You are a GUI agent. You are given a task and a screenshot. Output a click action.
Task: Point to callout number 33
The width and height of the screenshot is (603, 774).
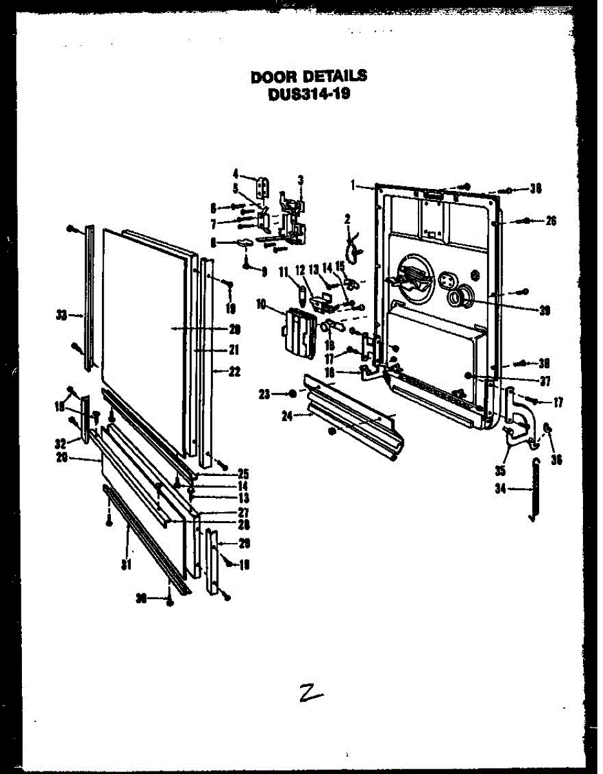click(x=61, y=315)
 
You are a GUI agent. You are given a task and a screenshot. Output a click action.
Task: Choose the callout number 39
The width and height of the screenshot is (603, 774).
click(x=546, y=310)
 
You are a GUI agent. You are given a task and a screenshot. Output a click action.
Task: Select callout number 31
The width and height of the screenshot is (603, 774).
click(x=127, y=565)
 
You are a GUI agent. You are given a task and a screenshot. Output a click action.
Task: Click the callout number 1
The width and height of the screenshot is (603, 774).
click(x=353, y=185)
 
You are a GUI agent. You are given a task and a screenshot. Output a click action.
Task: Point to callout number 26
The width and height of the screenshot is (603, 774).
click(x=550, y=221)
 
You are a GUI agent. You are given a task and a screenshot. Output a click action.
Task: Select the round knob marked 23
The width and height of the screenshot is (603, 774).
click(x=292, y=393)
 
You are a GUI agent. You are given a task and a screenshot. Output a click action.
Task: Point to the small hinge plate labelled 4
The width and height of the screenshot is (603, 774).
click(x=263, y=188)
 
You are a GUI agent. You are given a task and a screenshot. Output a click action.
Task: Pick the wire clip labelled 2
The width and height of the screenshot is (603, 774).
click(x=353, y=244)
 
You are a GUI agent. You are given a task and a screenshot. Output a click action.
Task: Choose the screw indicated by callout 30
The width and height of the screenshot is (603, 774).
click(x=170, y=602)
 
